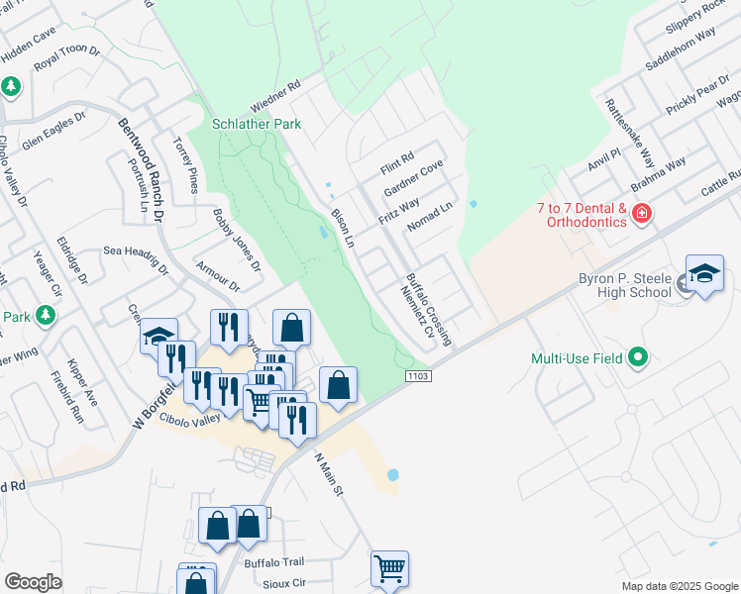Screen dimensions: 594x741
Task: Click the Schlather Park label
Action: (257, 124)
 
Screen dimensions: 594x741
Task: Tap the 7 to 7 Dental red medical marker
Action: (642, 213)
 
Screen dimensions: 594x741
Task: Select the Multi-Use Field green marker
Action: (638, 357)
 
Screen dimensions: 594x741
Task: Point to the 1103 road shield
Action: (417, 375)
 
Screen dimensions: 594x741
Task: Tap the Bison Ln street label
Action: (342, 227)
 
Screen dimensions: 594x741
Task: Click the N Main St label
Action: (328, 474)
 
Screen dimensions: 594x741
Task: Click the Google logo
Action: (33, 582)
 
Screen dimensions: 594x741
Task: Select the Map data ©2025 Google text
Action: (679, 586)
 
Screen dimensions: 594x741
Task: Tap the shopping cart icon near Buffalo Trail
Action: (390, 568)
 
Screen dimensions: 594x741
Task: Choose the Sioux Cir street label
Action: (285, 583)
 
